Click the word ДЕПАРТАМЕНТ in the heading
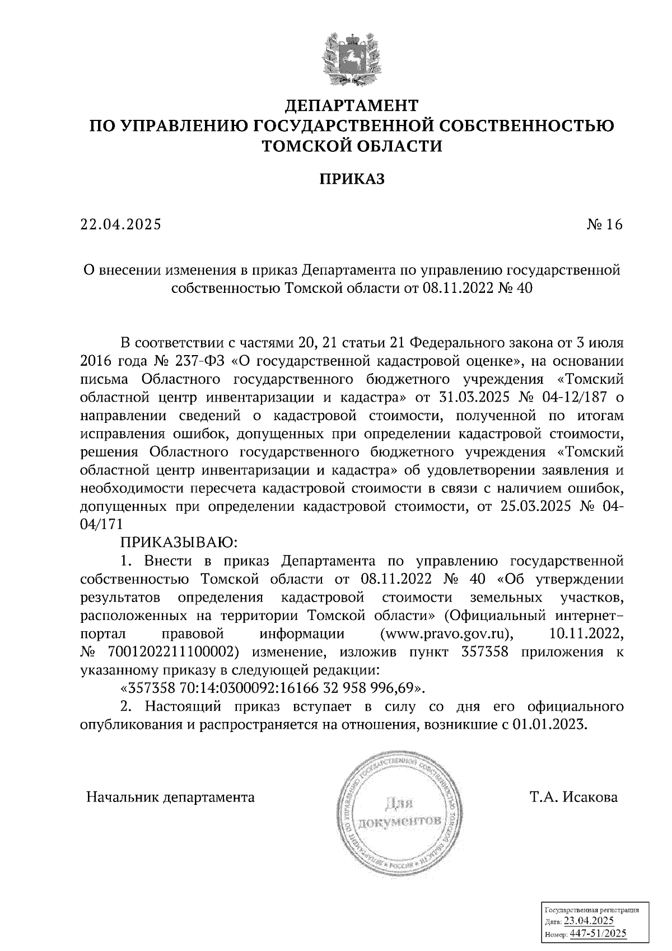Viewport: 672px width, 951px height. point(352,105)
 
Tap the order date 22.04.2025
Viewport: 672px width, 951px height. point(120,225)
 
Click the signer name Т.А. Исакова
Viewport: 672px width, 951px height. point(575,796)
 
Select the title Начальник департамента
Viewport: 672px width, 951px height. point(170,796)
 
